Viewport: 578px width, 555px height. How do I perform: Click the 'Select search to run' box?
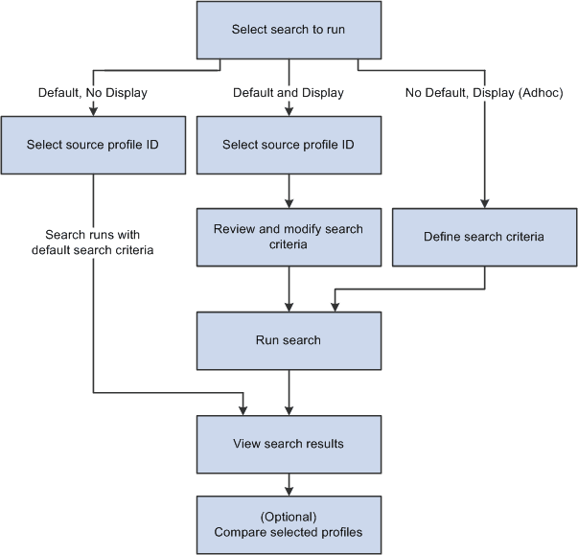point(289,30)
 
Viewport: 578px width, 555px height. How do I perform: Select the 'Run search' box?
point(289,339)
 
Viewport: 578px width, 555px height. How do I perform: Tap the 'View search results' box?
point(289,444)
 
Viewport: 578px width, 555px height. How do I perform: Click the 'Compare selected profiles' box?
point(289,524)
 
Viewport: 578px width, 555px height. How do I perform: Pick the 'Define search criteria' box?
point(484,237)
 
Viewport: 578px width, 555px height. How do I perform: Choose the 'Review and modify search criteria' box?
point(289,237)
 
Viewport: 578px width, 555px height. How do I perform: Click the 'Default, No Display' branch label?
point(94,93)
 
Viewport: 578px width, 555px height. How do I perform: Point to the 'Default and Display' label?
point(289,93)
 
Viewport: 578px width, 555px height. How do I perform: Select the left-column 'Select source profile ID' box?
point(94,145)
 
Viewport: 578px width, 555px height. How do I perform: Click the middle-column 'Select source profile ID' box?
point(289,145)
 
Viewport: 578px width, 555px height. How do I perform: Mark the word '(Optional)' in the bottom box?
point(289,516)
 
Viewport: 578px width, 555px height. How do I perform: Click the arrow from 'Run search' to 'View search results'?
point(289,392)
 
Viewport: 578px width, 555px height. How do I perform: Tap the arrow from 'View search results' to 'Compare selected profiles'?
point(289,482)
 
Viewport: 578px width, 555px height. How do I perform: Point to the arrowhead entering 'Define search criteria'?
point(484,203)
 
